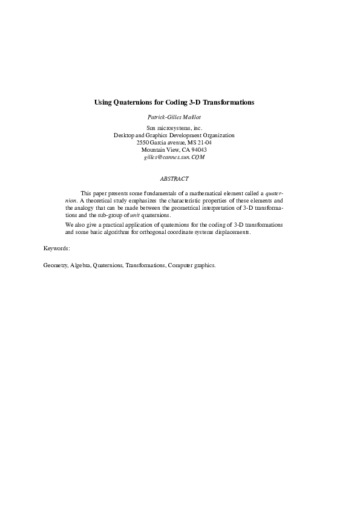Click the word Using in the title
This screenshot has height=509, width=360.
[104, 103]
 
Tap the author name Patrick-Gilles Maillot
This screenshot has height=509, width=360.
[174, 117]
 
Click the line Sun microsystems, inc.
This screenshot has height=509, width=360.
[174, 128]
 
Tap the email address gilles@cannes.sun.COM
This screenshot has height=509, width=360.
[174, 157]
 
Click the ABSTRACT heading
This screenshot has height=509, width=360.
[174, 179]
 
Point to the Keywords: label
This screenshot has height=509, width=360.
[57, 248]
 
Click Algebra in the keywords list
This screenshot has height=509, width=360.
[80, 265]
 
